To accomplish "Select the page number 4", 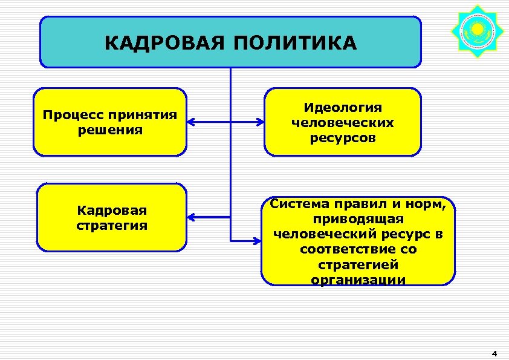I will click(x=494, y=353).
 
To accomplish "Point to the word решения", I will click(x=110, y=129).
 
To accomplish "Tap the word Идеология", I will click(x=342, y=108).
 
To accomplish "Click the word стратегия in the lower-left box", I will click(x=112, y=226).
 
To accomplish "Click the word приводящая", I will click(x=358, y=218).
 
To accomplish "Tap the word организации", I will click(x=358, y=280).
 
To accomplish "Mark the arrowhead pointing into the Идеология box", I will click(x=260, y=122).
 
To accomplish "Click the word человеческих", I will click(x=342, y=122).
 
